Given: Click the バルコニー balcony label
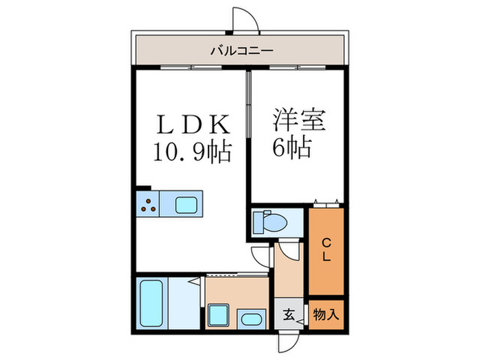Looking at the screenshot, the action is [241, 49].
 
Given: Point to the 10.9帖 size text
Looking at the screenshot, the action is [192, 149].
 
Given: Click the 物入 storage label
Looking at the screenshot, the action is [326, 315].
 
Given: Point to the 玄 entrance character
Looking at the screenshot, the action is [289, 316].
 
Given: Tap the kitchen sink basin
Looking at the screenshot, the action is [187, 204].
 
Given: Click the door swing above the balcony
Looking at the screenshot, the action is [245, 19].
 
